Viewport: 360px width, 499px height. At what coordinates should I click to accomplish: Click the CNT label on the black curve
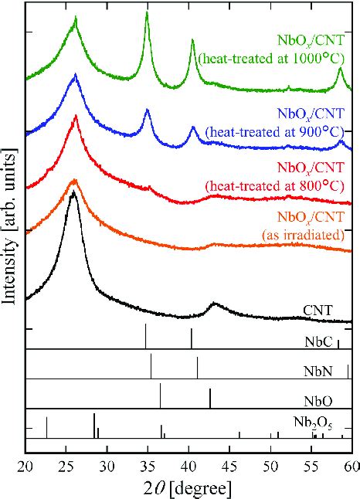318,311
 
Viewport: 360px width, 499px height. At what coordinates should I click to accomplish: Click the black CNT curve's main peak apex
73,192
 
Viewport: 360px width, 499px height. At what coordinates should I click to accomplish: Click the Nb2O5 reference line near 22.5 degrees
47,427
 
